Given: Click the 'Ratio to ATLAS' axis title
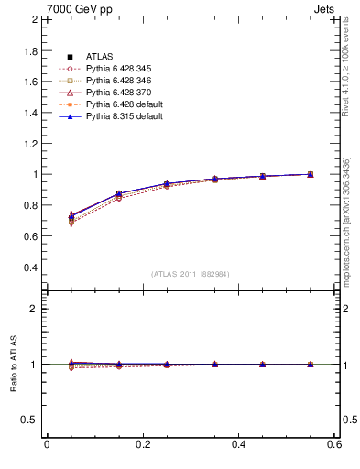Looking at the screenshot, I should (x=13, y=364).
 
